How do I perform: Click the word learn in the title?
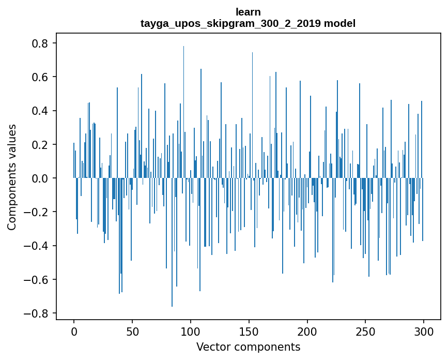[x=248, y=12]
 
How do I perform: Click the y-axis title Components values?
[x=12, y=177]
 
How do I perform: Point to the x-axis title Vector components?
[x=248, y=347]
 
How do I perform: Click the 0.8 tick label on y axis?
[x=41, y=43]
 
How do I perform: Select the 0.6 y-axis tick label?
[x=41, y=77]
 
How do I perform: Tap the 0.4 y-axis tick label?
[x=41, y=111]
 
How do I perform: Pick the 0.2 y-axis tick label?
[x=41, y=144]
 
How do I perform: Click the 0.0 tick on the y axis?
[x=41, y=178]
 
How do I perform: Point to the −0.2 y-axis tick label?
[x=37, y=212]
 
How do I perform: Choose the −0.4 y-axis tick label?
[x=37, y=246]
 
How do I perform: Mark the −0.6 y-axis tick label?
[x=37, y=279]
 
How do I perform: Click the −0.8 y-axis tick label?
[x=37, y=313]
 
